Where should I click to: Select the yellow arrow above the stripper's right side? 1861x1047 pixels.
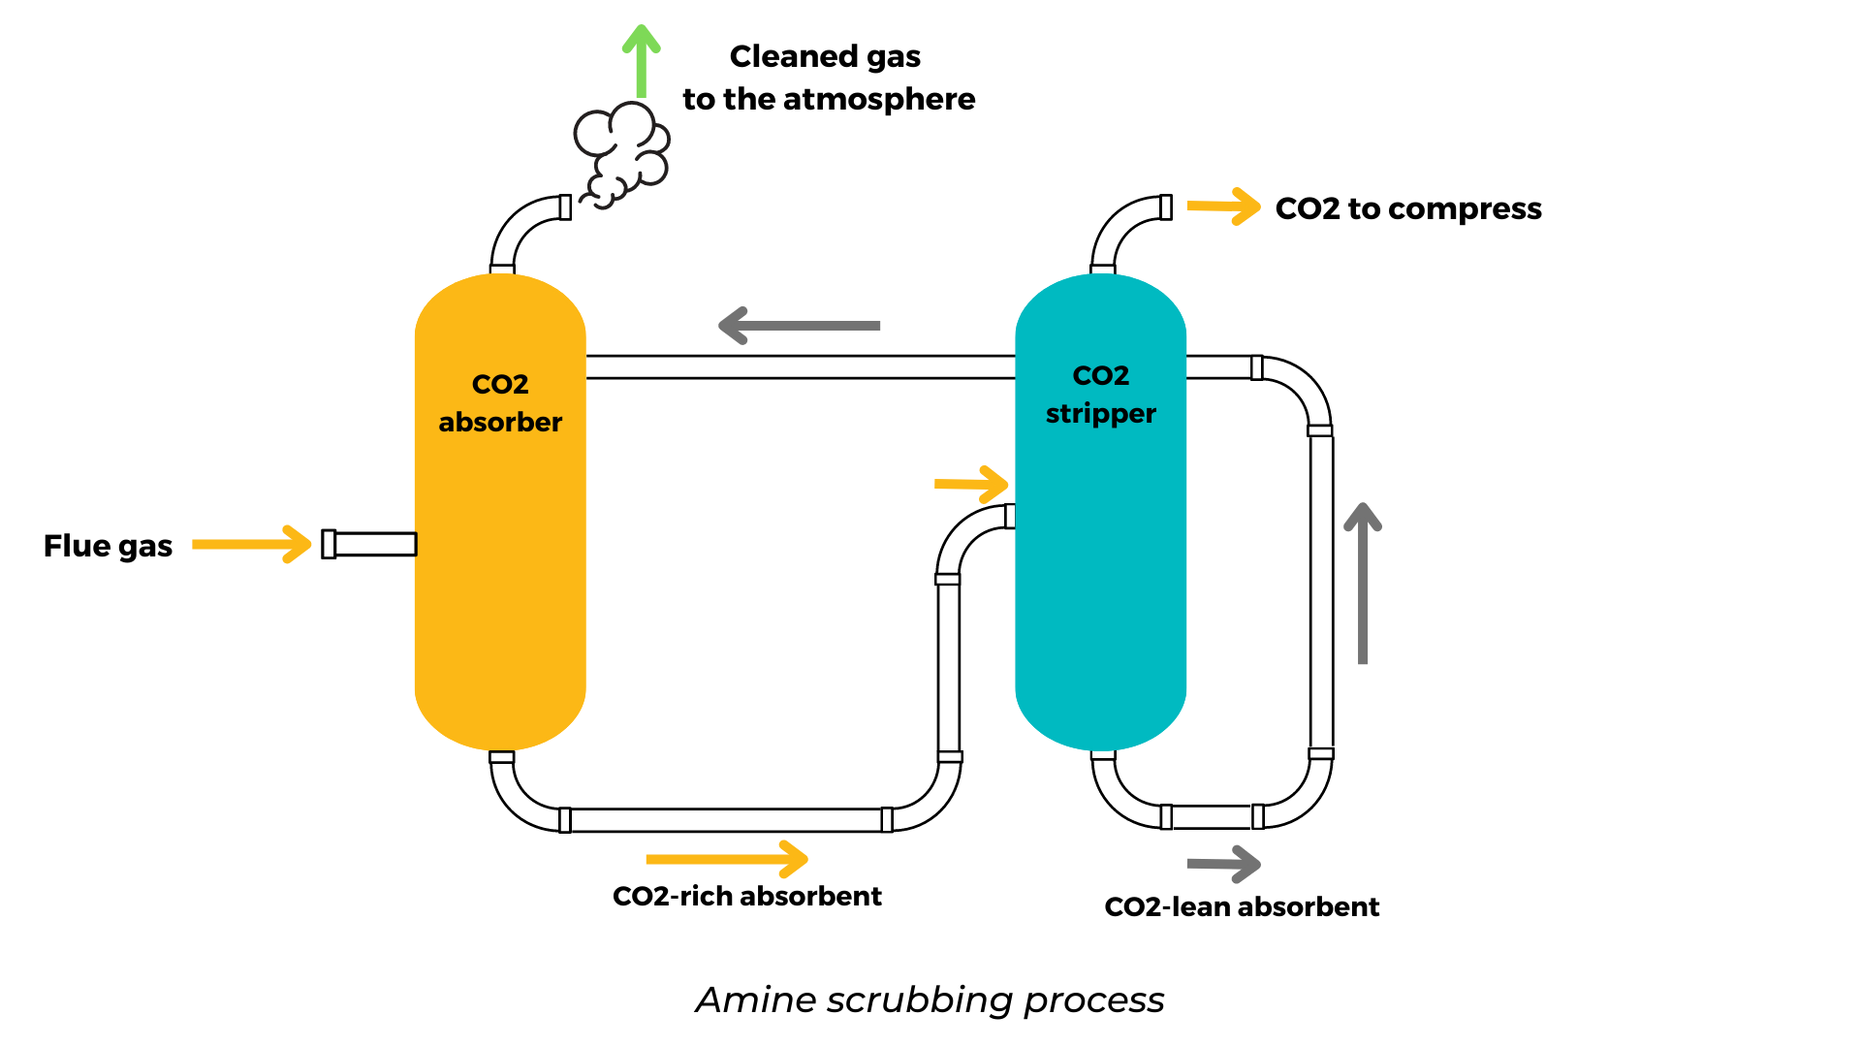(x=1223, y=206)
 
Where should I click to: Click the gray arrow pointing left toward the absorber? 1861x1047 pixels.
(x=801, y=326)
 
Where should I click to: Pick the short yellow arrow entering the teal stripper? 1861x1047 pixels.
(x=971, y=484)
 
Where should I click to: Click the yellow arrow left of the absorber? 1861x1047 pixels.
(x=252, y=544)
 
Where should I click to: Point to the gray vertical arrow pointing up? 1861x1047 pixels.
(x=1363, y=591)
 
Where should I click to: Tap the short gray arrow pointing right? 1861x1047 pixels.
(x=1223, y=864)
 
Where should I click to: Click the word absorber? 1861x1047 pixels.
(x=500, y=423)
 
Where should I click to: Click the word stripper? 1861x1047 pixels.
(x=1100, y=414)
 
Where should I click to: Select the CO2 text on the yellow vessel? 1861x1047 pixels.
(x=500, y=384)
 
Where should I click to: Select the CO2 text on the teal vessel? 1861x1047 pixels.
(x=1100, y=375)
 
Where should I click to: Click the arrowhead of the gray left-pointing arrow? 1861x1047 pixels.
(x=732, y=326)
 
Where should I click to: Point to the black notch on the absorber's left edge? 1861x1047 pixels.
(x=415, y=544)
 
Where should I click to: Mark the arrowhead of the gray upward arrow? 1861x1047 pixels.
(x=1363, y=517)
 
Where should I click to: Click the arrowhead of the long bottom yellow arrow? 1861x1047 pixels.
(x=795, y=859)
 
